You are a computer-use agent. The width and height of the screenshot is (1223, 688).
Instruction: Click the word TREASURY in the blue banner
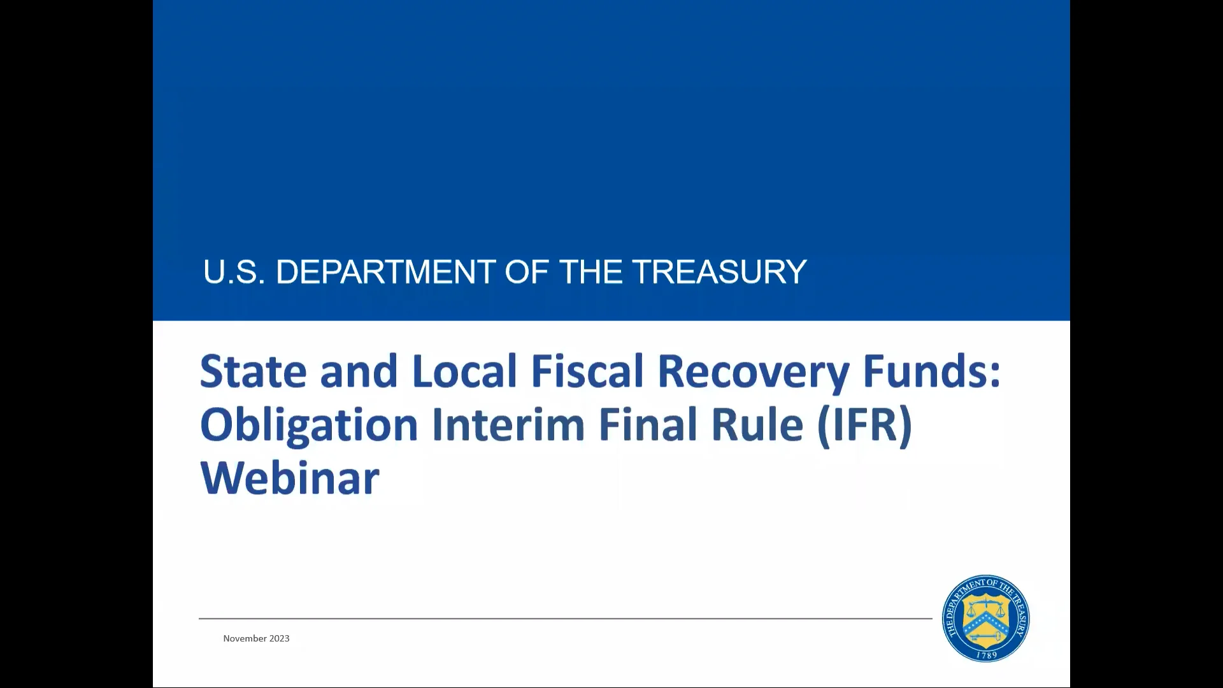click(x=719, y=272)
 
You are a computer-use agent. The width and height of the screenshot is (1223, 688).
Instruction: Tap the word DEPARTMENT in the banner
click(x=385, y=272)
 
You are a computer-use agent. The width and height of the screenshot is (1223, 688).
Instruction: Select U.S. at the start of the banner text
click(x=234, y=272)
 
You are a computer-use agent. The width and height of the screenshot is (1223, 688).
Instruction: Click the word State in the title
click(x=254, y=371)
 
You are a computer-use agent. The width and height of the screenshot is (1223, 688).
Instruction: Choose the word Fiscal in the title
click(x=587, y=371)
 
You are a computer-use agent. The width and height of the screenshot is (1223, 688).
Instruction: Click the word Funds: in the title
click(x=932, y=371)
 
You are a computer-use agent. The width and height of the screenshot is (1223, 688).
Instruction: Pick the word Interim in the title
click(x=508, y=424)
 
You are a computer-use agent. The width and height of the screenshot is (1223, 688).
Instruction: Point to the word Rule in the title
click(x=757, y=424)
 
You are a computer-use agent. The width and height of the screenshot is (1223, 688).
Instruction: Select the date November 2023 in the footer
click(x=256, y=638)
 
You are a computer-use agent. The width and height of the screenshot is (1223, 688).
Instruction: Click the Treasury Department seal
click(x=986, y=619)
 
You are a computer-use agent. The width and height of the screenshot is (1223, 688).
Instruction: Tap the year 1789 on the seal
click(x=987, y=655)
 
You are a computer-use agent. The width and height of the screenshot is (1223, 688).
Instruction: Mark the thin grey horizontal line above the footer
click(x=566, y=618)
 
